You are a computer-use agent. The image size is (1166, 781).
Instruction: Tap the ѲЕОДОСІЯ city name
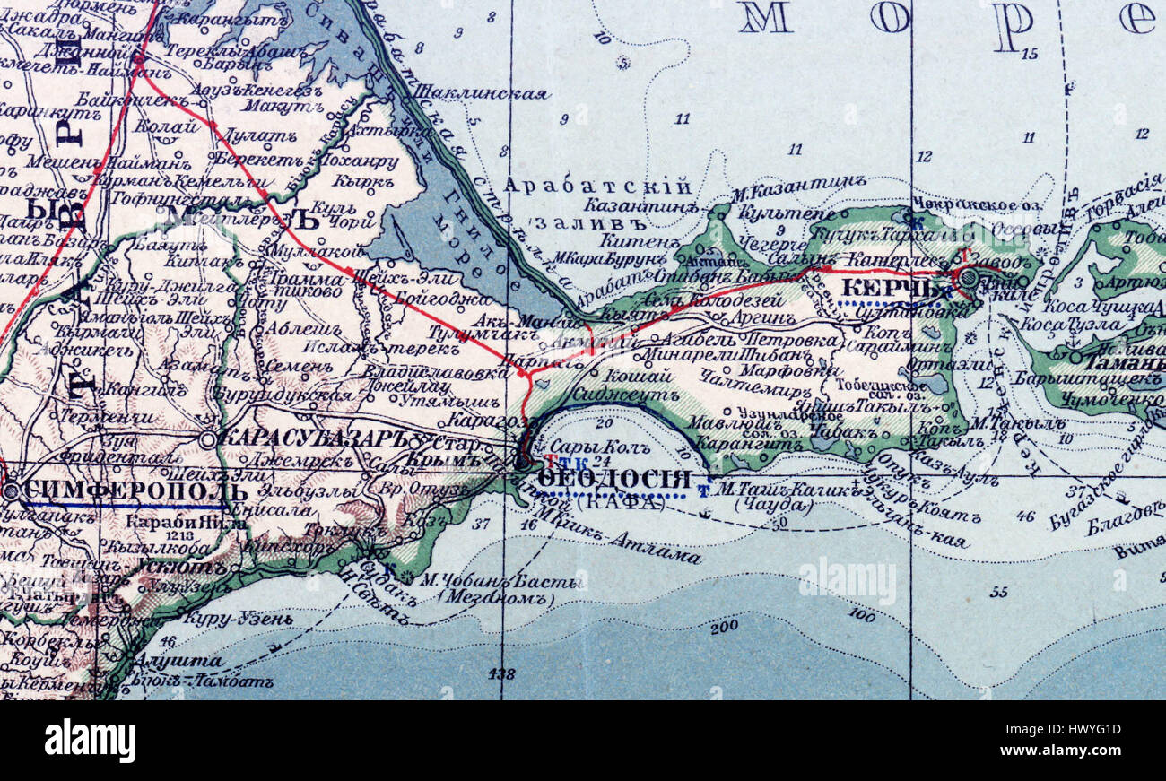615,480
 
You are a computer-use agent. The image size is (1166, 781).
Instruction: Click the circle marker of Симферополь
11,491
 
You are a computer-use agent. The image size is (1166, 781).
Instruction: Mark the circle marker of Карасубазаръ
208,439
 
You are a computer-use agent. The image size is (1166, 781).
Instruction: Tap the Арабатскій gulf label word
597,187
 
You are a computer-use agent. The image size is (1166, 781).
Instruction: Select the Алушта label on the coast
177,662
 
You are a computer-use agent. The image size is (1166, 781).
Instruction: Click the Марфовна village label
777,369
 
